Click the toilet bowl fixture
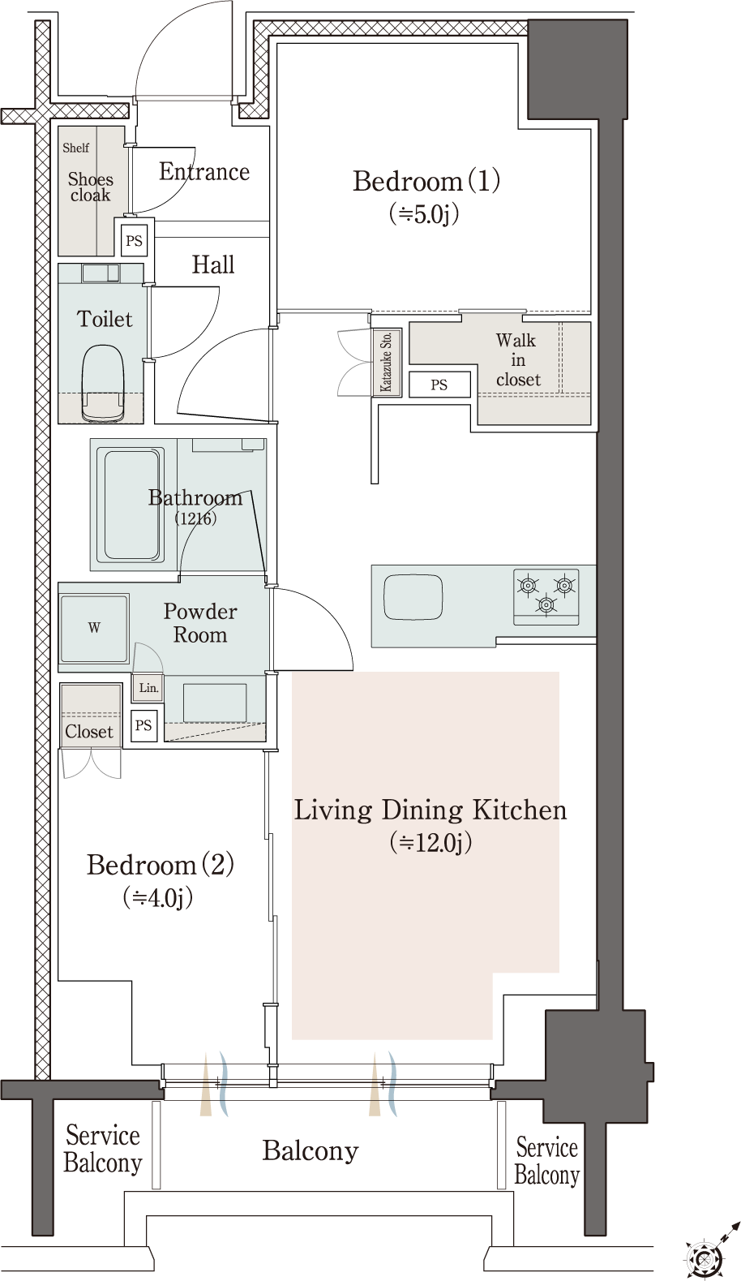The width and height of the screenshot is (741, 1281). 103,382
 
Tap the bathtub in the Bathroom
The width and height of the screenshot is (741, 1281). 131,504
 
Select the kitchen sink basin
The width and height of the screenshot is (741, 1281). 413,597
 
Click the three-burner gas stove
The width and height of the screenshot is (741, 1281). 546,596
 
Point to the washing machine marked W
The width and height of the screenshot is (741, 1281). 94,628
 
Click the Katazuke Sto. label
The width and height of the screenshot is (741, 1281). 386,362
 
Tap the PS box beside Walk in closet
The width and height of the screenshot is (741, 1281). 439,385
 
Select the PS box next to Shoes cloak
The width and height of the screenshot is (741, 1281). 135,240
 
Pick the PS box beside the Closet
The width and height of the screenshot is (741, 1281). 143,725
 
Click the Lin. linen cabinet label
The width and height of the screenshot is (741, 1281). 148,687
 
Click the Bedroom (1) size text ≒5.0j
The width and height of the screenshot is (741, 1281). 424,214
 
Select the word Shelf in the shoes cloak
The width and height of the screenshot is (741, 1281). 76,148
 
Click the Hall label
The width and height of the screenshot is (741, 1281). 213,264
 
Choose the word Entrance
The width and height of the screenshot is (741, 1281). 204,171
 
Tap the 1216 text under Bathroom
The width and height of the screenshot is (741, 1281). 195,518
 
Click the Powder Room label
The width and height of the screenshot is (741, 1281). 200,623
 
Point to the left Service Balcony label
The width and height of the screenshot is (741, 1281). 102,1149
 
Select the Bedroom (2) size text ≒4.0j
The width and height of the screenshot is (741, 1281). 157,898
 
